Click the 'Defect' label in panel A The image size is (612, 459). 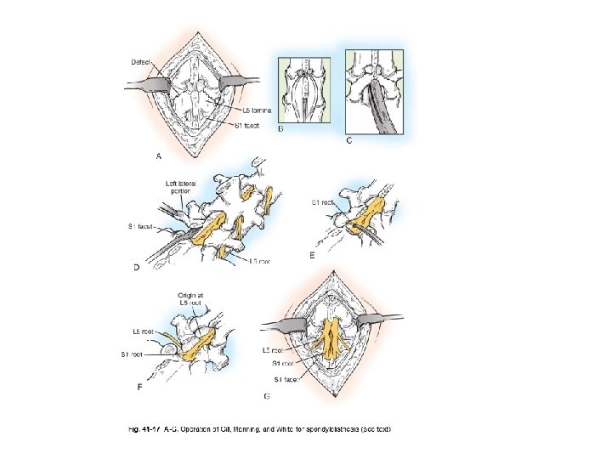coord(141,63)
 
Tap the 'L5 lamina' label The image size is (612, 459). coord(256,110)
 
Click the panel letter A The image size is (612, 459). coord(158,156)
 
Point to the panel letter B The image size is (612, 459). coord(281,129)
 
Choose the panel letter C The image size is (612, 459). coord(349,140)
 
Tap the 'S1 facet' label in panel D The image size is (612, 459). coord(141,226)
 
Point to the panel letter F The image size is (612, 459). coord(139,387)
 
